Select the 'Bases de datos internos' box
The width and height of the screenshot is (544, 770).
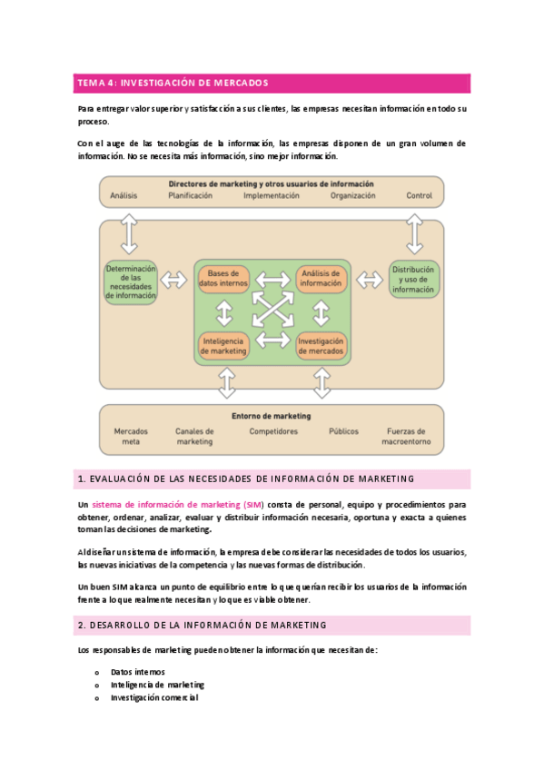[223, 279]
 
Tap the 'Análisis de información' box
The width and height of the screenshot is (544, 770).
[321, 279]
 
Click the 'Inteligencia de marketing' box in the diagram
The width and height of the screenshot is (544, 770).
[223, 344]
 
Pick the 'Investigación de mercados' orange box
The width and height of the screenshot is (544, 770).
[321, 344]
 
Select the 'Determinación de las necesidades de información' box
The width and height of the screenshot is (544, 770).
[132, 282]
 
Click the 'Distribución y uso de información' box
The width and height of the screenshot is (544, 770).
[413, 279]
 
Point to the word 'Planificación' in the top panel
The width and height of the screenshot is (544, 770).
[191, 195]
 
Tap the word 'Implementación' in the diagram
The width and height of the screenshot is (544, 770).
[272, 195]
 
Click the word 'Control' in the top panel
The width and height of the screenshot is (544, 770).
[419, 195]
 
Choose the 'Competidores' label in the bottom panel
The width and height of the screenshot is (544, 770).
[273, 431]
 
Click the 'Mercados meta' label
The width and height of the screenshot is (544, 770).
[131, 437]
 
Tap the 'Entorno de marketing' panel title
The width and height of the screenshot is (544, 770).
[271, 416]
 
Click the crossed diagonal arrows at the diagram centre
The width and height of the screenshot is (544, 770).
[272, 311]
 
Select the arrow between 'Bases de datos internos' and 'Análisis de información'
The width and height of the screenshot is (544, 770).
[272, 279]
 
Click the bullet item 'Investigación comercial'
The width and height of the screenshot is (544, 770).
[154, 697]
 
